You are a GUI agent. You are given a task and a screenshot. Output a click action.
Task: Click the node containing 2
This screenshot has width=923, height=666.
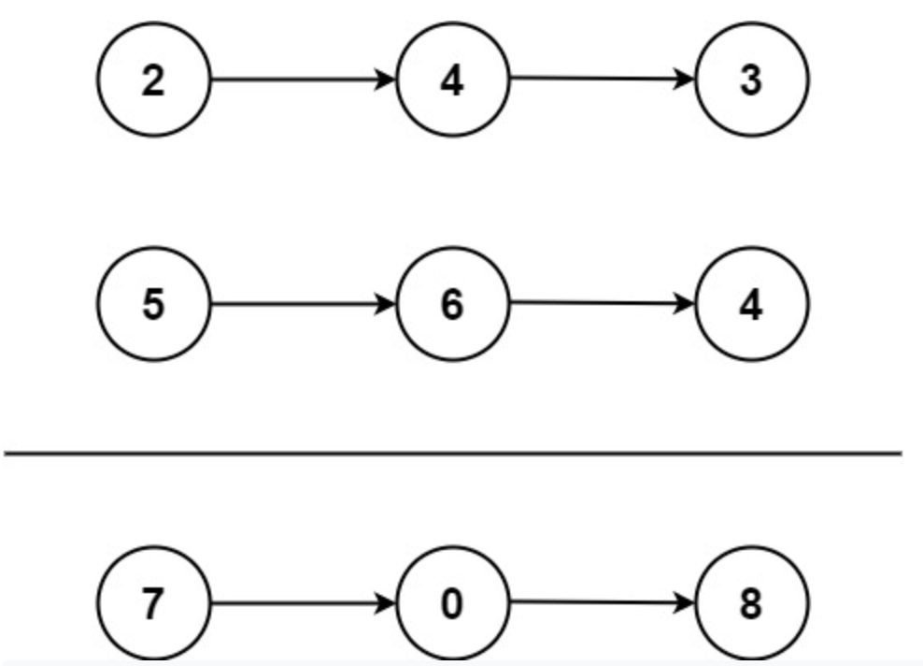tap(154, 80)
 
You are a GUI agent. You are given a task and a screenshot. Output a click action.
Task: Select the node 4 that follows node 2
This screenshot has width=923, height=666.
tap(453, 80)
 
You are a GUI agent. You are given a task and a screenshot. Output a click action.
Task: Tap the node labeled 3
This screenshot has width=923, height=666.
tap(752, 80)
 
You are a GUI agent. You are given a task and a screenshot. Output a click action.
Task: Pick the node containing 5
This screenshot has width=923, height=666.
tap(154, 304)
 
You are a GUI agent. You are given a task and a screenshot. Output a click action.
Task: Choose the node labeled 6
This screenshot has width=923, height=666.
tap(453, 304)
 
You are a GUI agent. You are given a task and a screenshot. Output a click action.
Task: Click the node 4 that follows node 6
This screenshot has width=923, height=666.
tap(752, 304)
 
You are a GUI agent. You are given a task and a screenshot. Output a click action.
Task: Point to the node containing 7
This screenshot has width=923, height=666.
tap(154, 603)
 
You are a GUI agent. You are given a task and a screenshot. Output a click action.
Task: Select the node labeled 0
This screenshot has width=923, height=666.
tap(453, 603)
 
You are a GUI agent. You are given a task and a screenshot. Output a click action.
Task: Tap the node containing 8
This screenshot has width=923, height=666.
tap(752, 603)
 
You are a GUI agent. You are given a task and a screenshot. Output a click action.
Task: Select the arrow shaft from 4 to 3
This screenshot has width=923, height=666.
tap(593, 79)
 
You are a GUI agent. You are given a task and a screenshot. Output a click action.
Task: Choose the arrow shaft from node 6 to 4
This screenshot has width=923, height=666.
tap(593, 303)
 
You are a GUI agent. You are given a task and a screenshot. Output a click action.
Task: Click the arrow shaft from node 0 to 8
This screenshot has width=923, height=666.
tap(593, 602)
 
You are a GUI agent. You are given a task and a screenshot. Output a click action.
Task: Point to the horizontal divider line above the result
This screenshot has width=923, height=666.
tap(453, 453)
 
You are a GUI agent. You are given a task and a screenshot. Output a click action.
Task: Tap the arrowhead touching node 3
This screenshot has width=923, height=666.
tap(686, 80)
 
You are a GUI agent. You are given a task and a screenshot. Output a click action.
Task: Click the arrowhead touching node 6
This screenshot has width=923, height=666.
tap(387, 304)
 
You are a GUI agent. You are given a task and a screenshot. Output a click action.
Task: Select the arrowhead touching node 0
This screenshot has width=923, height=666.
tap(387, 603)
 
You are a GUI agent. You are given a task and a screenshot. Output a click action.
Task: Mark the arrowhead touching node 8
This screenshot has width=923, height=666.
tap(686, 603)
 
